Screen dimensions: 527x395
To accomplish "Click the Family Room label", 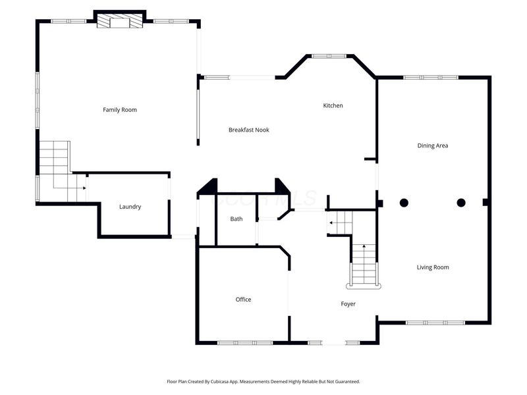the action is click(x=120, y=110).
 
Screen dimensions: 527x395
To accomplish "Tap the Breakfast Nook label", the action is click(x=249, y=130).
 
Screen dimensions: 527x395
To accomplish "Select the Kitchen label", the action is click(x=333, y=105).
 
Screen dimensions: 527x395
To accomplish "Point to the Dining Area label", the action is click(x=433, y=145).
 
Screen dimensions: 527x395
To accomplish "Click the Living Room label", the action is click(x=433, y=267).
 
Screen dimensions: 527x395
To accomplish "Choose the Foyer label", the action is click(x=348, y=304).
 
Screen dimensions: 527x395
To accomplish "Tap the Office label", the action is click(x=243, y=300).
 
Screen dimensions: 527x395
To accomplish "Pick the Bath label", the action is click(x=236, y=219).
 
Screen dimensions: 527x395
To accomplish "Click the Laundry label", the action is click(x=130, y=207).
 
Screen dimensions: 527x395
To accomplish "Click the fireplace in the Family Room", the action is click(x=120, y=20).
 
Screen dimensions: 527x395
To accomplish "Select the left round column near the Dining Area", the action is click(x=404, y=203).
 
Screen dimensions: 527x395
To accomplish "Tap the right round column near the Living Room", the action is click(x=461, y=203).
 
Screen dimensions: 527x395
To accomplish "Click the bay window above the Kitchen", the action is click(x=329, y=56).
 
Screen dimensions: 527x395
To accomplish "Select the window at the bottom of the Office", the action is click(x=245, y=342).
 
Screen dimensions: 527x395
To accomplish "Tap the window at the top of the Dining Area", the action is click(x=431, y=78).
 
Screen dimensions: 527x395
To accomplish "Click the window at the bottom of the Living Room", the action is click(x=435, y=323).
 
